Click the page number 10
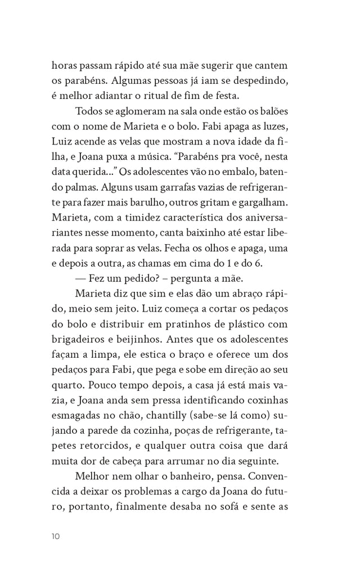pyautogui.click(x=55, y=536)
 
